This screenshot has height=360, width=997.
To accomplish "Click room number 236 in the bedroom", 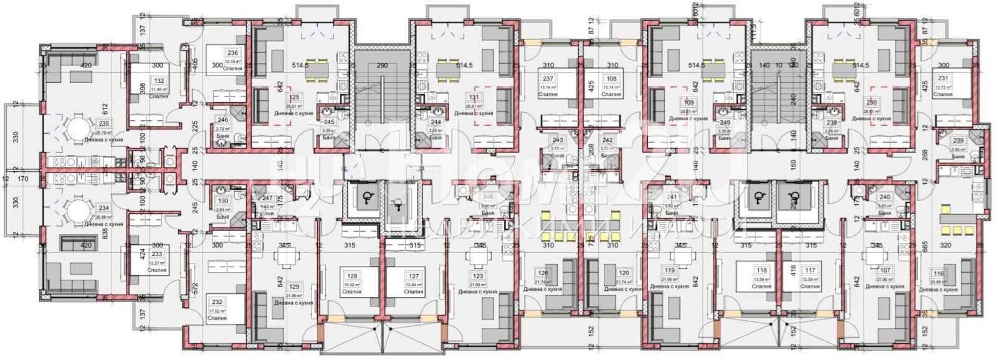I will coord(232,54).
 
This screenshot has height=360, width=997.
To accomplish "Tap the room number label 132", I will coord(158,81).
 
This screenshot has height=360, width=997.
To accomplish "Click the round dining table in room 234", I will coord(79,206).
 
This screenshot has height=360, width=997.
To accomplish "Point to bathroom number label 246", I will coord(222,120).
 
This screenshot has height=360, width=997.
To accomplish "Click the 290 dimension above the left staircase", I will coord(382,65).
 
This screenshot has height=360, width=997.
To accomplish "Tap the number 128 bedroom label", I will coord(353,276).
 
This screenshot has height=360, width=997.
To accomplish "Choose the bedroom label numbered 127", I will coord(414,276).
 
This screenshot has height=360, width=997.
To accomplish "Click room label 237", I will coord(548,79).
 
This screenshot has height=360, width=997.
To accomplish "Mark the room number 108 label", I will coord(611,79).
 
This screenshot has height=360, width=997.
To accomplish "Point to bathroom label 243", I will coord(558,140).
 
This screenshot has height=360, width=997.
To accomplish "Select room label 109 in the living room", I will coord(689,103).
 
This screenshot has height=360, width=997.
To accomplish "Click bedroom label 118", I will coord(761,271).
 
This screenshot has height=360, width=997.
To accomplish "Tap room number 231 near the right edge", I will coord(943,78).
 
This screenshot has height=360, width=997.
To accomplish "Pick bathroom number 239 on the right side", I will coord(958,141).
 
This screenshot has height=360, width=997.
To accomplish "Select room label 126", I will coord(543,273).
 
